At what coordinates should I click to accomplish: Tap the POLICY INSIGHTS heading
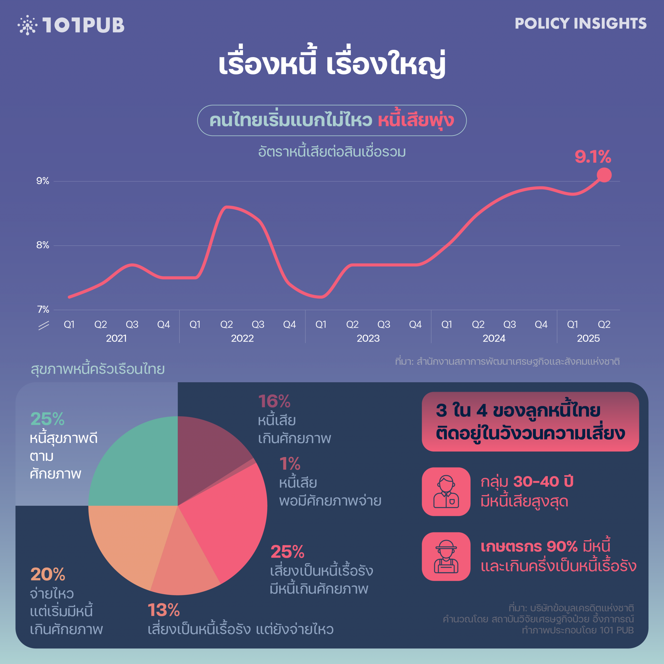pos(580,23)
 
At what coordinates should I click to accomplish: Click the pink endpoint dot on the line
pos(604,175)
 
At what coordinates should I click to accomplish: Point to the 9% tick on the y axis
pos(43,181)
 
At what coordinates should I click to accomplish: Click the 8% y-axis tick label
pos(43,245)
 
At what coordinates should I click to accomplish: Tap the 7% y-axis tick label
pos(43,310)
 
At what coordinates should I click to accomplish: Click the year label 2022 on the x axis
pos(242,338)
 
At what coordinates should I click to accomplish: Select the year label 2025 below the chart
pos(588,338)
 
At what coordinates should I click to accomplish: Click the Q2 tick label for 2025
pos(604,324)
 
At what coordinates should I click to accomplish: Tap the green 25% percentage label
pos(47,419)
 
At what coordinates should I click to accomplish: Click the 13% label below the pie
pos(164,610)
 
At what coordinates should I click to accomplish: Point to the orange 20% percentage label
pos(48,574)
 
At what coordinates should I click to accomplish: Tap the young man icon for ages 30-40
pos(446,492)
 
